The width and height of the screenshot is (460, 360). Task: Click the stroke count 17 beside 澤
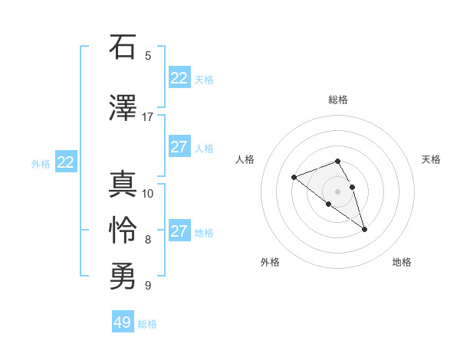pos(147,116)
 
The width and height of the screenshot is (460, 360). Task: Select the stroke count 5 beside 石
pos(148,55)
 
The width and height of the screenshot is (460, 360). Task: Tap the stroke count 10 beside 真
pos(148,193)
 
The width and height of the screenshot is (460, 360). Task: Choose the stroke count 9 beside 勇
pos(148,286)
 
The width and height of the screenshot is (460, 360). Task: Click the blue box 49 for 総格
pos(123,322)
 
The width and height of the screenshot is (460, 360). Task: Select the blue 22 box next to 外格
pos(66,162)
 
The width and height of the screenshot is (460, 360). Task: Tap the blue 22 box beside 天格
pos(179,78)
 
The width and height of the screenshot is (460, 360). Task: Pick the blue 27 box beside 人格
pos(179,147)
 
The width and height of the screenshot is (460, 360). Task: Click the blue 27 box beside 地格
pos(179,231)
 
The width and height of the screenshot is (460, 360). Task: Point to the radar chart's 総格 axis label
pos(338,100)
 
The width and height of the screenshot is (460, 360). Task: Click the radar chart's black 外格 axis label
pos(270,262)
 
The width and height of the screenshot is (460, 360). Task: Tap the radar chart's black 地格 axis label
pos(402,262)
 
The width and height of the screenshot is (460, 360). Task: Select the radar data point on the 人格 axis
pos(294,178)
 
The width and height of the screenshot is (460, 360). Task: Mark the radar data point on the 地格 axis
pos(364,229)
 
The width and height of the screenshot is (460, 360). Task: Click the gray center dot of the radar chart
pos(338,191)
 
